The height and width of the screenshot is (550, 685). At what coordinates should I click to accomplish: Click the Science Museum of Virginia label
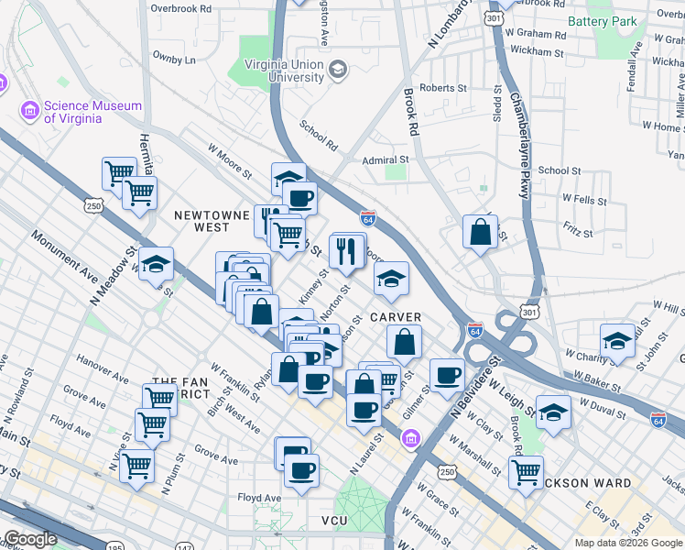93,112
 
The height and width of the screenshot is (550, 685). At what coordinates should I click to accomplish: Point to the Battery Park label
602,21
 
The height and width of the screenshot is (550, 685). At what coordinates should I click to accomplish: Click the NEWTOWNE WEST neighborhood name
212,221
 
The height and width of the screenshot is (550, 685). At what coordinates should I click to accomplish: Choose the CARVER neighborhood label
396,317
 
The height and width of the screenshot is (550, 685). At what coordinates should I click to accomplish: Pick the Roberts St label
443,88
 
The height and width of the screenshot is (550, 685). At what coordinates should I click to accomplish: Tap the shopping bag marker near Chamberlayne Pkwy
480,232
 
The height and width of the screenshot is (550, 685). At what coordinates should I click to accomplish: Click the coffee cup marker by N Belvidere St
447,375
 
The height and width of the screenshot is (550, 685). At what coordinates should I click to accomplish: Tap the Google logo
30,540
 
